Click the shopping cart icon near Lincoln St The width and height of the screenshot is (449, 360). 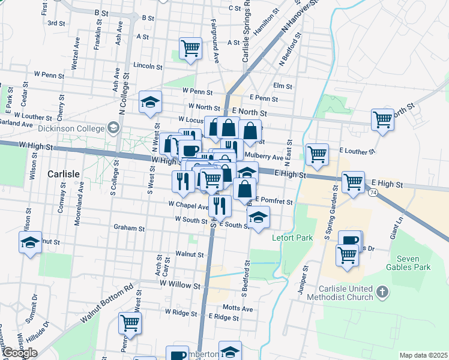(191, 47)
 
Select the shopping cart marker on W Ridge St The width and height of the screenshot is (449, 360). (130, 323)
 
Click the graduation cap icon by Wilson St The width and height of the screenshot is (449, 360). (29, 242)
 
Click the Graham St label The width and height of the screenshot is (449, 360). (129, 228)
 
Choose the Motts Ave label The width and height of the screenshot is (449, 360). (238, 308)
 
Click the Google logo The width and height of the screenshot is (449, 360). (20, 353)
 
